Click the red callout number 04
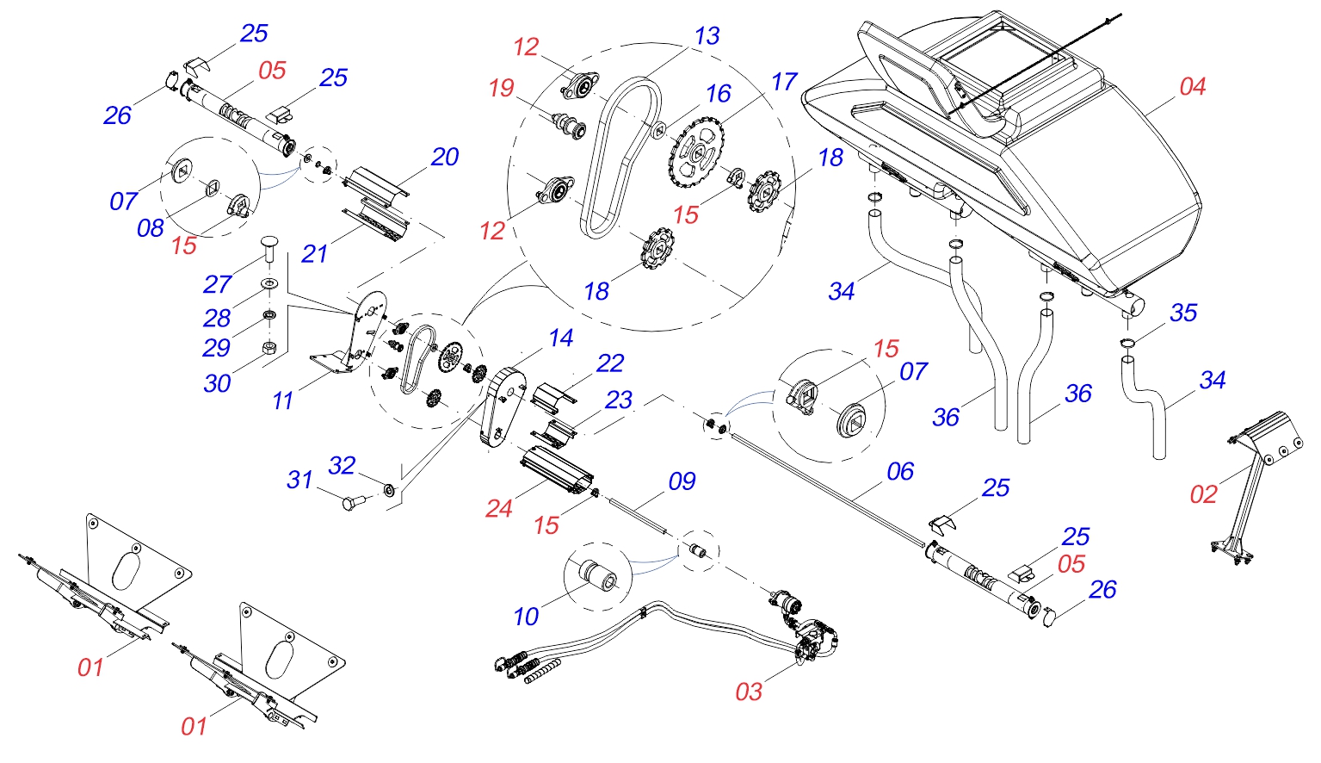coord(1192,87)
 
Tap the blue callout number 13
coord(707,37)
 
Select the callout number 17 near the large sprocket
coord(784,83)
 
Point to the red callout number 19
coord(501,88)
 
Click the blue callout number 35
coord(1183,313)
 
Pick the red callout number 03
coord(748,692)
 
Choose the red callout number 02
coord(1203,495)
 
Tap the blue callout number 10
coord(526,617)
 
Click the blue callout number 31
coord(299,481)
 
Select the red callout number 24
coord(498,509)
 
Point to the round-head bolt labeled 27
coord(268,252)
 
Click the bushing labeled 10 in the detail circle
coord(596,574)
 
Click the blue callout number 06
coord(900,472)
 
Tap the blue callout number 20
coord(445,158)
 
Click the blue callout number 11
coord(282,401)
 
